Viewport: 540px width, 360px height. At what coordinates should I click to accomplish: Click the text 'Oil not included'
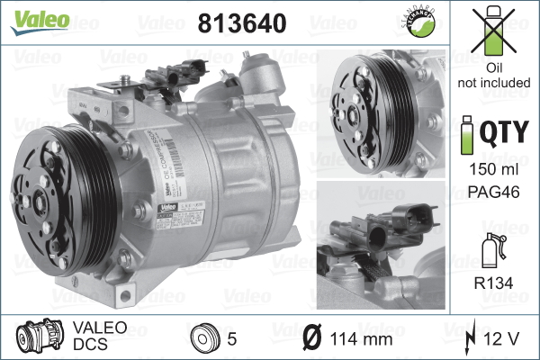494,76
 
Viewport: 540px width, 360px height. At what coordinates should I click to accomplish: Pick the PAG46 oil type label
494,191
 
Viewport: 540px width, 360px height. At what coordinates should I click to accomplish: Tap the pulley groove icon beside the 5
206,338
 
